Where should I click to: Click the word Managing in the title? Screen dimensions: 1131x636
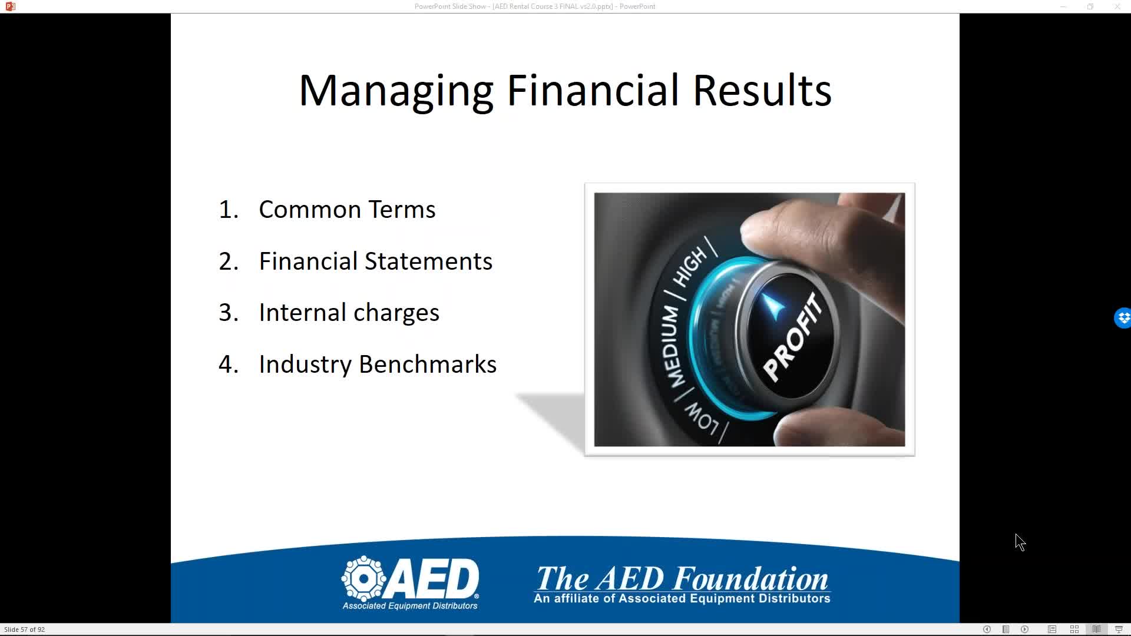(x=396, y=91)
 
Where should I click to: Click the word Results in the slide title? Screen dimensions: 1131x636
(x=762, y=90)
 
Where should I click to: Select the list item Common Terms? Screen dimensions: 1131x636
(x=347, y=209)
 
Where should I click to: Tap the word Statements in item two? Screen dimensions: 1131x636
(x=428, y=261)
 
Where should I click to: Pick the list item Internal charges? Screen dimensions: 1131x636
(x=349, y=313)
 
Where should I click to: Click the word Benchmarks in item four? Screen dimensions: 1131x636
(x=428, y=364)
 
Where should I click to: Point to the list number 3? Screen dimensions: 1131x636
(x=227, y=313)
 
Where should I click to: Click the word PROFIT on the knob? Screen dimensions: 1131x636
(x=792, y=337)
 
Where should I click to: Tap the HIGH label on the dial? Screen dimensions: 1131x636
(x=691, y=267)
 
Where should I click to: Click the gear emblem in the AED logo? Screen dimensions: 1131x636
(x=363, y=578)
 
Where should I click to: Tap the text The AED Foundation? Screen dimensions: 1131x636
(x=682, y=578)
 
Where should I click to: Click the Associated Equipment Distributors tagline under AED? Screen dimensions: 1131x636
(x=410, y=605)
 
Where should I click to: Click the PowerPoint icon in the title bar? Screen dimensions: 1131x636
(x=10, y=6)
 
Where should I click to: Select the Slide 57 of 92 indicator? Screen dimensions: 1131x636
(x=25, y=630)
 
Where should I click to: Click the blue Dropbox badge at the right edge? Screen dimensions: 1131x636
(x=1123, y=318)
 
